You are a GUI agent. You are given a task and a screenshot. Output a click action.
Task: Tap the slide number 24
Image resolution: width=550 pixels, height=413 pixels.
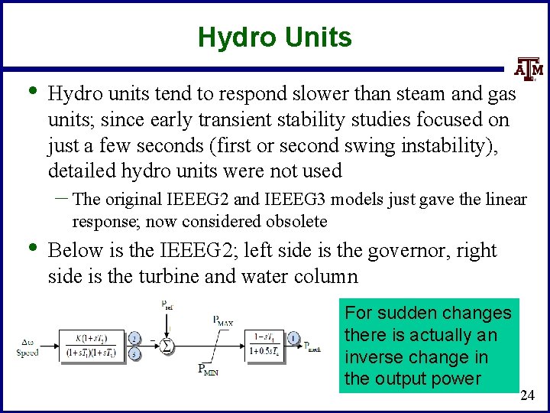(527, 395)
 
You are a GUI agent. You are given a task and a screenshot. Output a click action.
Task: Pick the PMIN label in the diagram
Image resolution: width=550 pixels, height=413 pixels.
(209, 371)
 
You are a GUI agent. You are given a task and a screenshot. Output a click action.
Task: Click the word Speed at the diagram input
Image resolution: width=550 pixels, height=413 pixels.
(27, 353)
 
